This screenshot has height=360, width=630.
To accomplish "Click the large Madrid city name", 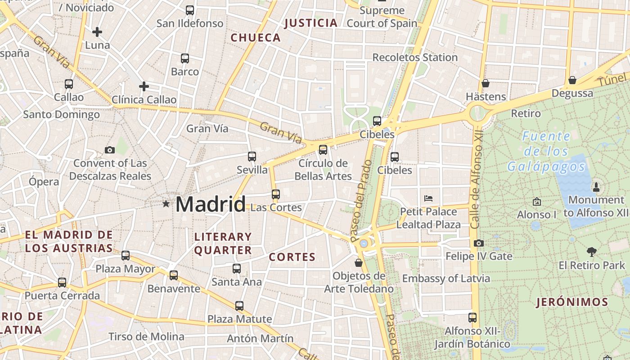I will pyautogui.click(x=211, y=204).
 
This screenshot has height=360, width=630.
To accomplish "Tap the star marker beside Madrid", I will pyautogui.click(x=166, y=204).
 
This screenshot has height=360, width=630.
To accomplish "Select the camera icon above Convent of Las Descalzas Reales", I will pyautogui.click(x=109, y=150).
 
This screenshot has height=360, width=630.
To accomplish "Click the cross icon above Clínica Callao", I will pyautogui.click(x=144, y=86).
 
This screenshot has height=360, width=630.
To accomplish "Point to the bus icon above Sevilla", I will pyautogui.click(x=252, y=157).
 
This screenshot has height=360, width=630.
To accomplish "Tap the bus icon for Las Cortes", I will pyautogui.click(x=276, y=194).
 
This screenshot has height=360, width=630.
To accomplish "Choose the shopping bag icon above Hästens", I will pyautogui.click(x=486, y=83).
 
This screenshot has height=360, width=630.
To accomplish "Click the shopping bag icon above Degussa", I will pyautogui.click(x=572, y=80).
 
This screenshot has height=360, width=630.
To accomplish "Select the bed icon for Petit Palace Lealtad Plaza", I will pyautogui.click(x=428, y=198).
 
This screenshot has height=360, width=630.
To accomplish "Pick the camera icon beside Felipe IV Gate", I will pyautogui.click(x=479, y=243).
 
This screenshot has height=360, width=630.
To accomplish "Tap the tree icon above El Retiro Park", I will pyautogui.click(x=592, y=252).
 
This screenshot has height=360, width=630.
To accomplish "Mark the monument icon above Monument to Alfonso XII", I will pyautogui.click(x=596, y=186).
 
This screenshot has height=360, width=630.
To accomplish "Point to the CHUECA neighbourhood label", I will pyautogui.click(x=256, y=38).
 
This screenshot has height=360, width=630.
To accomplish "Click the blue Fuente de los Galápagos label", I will pyautogui.click(x=546, y=152).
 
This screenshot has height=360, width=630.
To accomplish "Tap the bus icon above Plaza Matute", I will pyautogui.click(x=239, y=306).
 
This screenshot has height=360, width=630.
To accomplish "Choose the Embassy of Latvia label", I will pyautogui.click(x=446, y=279).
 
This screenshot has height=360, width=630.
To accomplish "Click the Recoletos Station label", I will pyautogui.click(x=415, y=58).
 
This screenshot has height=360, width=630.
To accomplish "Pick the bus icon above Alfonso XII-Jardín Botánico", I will pyautogui.click(x=472, y=318).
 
